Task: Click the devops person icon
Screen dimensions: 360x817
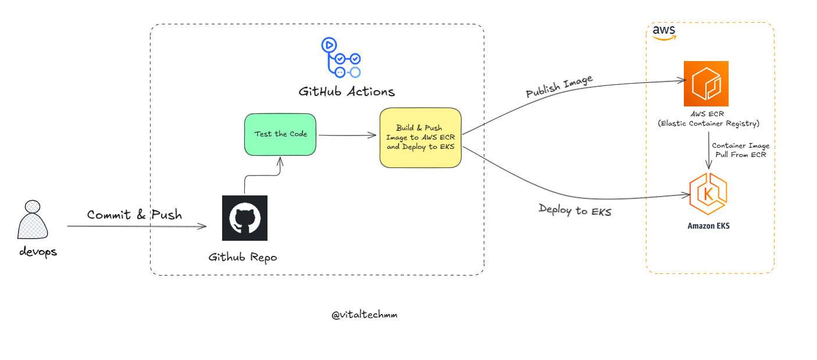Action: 33,221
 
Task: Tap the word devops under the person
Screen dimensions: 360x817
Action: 38,252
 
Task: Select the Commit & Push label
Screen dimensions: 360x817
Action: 134,215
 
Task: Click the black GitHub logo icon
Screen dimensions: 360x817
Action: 245,218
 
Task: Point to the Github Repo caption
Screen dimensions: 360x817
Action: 243,256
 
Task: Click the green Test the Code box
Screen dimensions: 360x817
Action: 280,134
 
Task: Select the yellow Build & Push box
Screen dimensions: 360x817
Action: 420,138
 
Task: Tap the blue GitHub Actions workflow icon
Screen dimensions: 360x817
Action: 341,58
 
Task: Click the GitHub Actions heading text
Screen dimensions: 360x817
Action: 347,91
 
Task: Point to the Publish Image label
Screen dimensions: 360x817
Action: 559,87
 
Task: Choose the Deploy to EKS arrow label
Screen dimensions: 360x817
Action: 575,210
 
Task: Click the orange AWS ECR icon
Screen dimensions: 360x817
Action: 706,83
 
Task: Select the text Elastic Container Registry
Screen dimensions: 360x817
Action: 708,123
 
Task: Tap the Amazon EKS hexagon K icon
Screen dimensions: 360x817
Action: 708,195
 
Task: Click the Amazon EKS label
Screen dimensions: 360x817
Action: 708,226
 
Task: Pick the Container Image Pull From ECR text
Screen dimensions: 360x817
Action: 741,150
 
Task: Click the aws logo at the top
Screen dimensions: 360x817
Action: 663,32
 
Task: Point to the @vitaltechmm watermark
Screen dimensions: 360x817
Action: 365,315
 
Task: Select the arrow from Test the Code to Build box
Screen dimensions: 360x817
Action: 347,136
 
